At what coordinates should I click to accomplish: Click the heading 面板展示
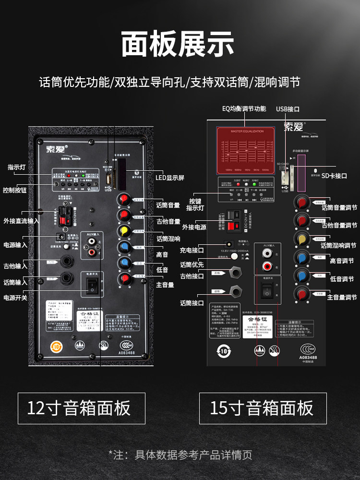[178, 44]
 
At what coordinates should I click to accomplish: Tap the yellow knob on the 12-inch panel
[124, 230]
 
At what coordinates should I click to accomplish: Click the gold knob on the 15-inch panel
[302, 238]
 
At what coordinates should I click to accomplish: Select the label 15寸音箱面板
[262, 408]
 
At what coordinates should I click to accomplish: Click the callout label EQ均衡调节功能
[244, 108]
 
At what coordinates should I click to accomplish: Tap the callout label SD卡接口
[334, 176]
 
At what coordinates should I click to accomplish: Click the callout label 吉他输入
[15, 266]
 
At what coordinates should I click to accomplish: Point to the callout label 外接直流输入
[21, 221]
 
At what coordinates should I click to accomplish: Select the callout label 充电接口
[192, 250]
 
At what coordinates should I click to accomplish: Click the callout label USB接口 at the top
[288, 109]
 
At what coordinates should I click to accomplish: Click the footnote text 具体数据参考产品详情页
[185, 455]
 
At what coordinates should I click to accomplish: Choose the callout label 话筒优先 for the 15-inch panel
[192, 264]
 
